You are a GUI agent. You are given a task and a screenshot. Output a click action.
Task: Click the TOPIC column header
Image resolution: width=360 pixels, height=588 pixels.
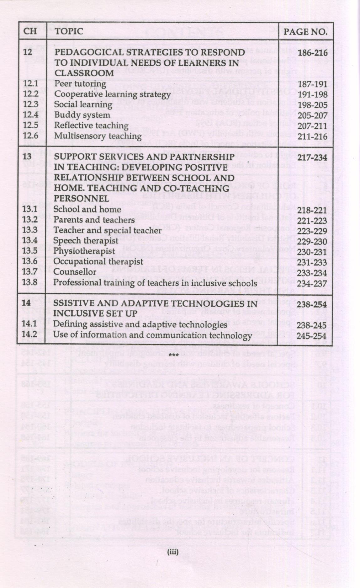(x=69, y=31)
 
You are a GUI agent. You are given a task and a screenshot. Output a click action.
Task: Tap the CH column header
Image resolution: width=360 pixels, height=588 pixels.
(x=30, y=31)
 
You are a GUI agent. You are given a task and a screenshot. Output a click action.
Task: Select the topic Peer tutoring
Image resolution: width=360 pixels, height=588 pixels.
(x=80, y=83)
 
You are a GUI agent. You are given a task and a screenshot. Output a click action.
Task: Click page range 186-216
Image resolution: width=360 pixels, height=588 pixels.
(x=312, y=52)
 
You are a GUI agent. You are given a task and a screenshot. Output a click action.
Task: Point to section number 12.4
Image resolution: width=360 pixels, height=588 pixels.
(x=30, y=115)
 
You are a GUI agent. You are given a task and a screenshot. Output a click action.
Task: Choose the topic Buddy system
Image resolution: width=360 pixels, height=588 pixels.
(x=82, y=115)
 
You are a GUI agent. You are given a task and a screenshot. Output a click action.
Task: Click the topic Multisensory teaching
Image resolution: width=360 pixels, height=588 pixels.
(x=98, y=136)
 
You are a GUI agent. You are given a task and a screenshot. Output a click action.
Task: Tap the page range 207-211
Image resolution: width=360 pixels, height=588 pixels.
(x=312, y=126)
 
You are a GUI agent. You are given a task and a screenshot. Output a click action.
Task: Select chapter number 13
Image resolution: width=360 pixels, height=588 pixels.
(x=27, y=156)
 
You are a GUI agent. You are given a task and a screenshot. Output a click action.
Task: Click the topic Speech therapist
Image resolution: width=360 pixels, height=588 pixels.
(x=86, y=241)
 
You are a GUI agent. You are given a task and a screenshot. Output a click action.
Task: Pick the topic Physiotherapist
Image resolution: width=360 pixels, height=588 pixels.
(x=84, y=251)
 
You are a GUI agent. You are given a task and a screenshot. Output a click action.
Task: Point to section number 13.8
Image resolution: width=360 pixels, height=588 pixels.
(x=30, y=282)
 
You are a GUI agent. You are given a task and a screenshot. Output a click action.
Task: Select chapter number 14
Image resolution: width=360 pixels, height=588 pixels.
(x=27, y=303)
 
